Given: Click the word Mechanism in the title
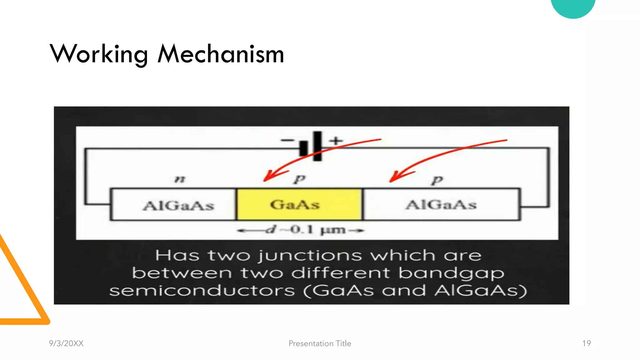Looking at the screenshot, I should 221,54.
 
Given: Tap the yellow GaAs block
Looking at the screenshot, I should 299,205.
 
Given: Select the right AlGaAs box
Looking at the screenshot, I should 441,205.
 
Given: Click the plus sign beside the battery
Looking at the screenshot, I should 336,140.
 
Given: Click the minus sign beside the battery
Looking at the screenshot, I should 287,141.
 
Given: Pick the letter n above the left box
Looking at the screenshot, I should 180,179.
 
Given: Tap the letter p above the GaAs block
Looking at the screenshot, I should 300,179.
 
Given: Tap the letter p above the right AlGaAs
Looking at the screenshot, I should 437,180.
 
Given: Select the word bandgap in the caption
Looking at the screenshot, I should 451,273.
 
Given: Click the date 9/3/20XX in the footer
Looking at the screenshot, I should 66,343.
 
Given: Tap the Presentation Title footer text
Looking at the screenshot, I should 320,343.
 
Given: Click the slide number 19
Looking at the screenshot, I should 586,343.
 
